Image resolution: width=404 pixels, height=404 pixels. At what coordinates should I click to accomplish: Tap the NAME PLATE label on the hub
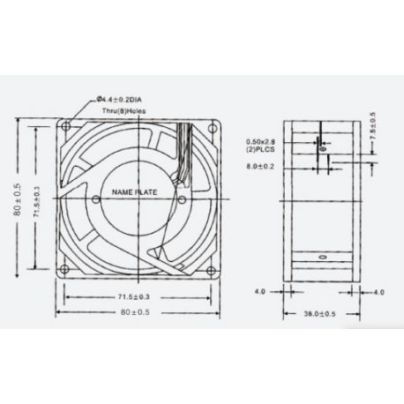pos(132,190)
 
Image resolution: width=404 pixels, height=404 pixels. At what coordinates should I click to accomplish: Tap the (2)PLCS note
pos(261,149)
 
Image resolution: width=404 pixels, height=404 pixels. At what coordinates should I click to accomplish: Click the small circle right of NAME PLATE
pos(182,198)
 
